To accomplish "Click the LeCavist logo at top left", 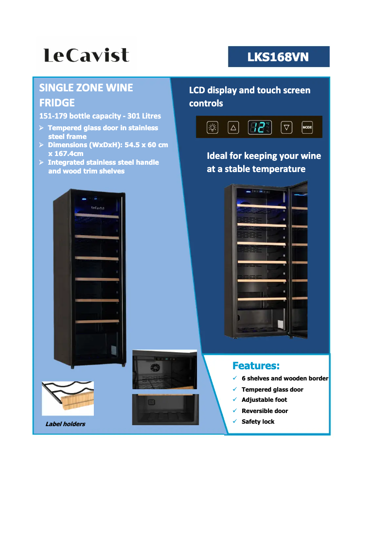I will tap(87, 55).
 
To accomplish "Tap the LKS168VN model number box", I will tap(279, 57).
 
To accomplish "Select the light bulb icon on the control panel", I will tap(213, 127).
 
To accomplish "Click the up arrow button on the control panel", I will tap(233, 127).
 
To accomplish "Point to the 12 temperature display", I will tap(260, 127).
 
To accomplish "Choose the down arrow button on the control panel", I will tap(287, 127).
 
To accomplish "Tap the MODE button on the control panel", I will tap(307, 127).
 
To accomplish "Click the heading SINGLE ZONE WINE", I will tap(86, 88).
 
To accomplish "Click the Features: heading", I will tap(256, 365).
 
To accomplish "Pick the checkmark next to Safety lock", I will tap(234, 421).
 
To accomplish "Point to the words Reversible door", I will tap(265, 411).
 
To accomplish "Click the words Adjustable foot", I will tap(264, 400).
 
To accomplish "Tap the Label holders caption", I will tap(65, 424).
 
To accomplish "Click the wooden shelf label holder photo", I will tap(68, 398).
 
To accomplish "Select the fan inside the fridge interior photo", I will tap(156, 367).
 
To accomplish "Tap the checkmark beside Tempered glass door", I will tap(234, 389).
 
